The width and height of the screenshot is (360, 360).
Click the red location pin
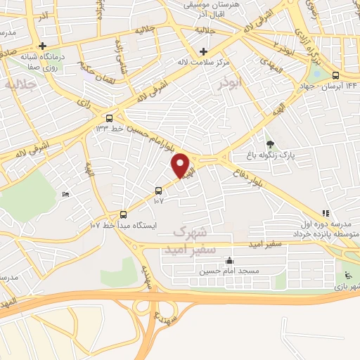tap(181, 165)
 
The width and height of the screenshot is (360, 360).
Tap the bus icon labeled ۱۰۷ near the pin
tap(158, 190)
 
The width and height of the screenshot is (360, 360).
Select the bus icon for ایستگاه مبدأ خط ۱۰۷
tap(124, 214)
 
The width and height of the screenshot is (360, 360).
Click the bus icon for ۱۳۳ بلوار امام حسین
tap(109, 117)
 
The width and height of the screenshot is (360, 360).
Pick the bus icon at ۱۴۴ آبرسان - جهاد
tap(335, 75)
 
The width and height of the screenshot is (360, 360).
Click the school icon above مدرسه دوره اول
tap(325, 213)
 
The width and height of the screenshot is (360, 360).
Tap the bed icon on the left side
tap(66, 194)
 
